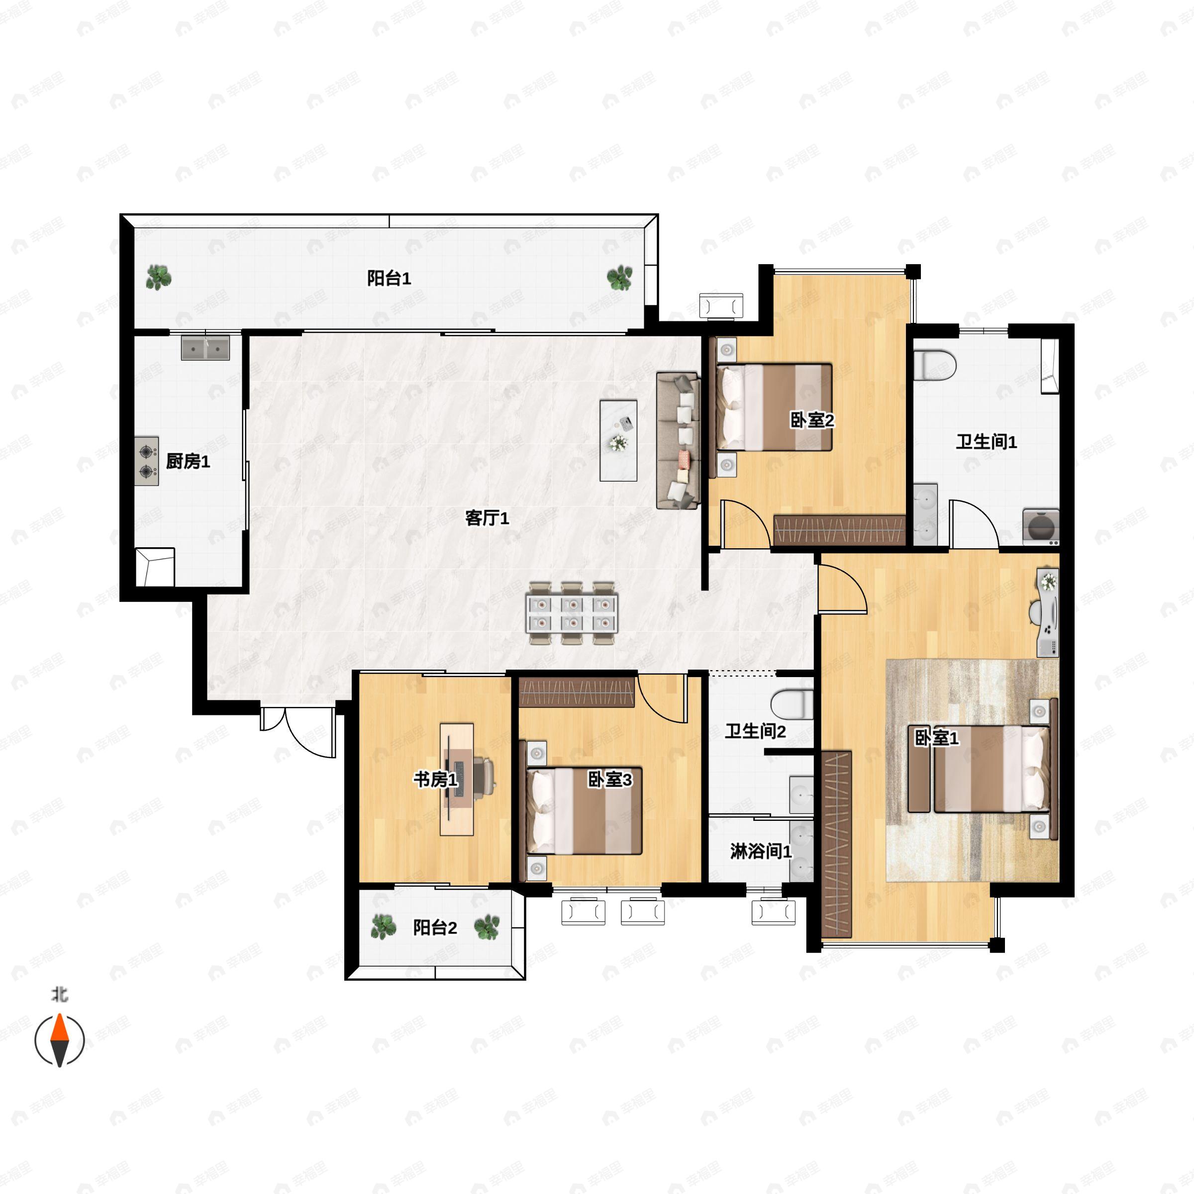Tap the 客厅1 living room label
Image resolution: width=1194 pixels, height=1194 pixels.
(487, 518)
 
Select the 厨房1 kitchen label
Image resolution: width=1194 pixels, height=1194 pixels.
(188, 461)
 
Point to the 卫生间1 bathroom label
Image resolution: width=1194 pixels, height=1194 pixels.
(987, 442)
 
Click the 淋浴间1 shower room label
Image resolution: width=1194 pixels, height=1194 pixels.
(761, 851)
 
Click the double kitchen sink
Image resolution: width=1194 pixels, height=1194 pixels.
(205, 348)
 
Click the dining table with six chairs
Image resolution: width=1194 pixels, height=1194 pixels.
(572, 612)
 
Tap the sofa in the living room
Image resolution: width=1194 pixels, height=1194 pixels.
(678, 441)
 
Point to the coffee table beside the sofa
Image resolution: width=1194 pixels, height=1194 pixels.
(618, 440)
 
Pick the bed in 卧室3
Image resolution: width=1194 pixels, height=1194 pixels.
(584, 811)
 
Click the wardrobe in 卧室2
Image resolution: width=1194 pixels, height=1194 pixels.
(839, 530)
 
